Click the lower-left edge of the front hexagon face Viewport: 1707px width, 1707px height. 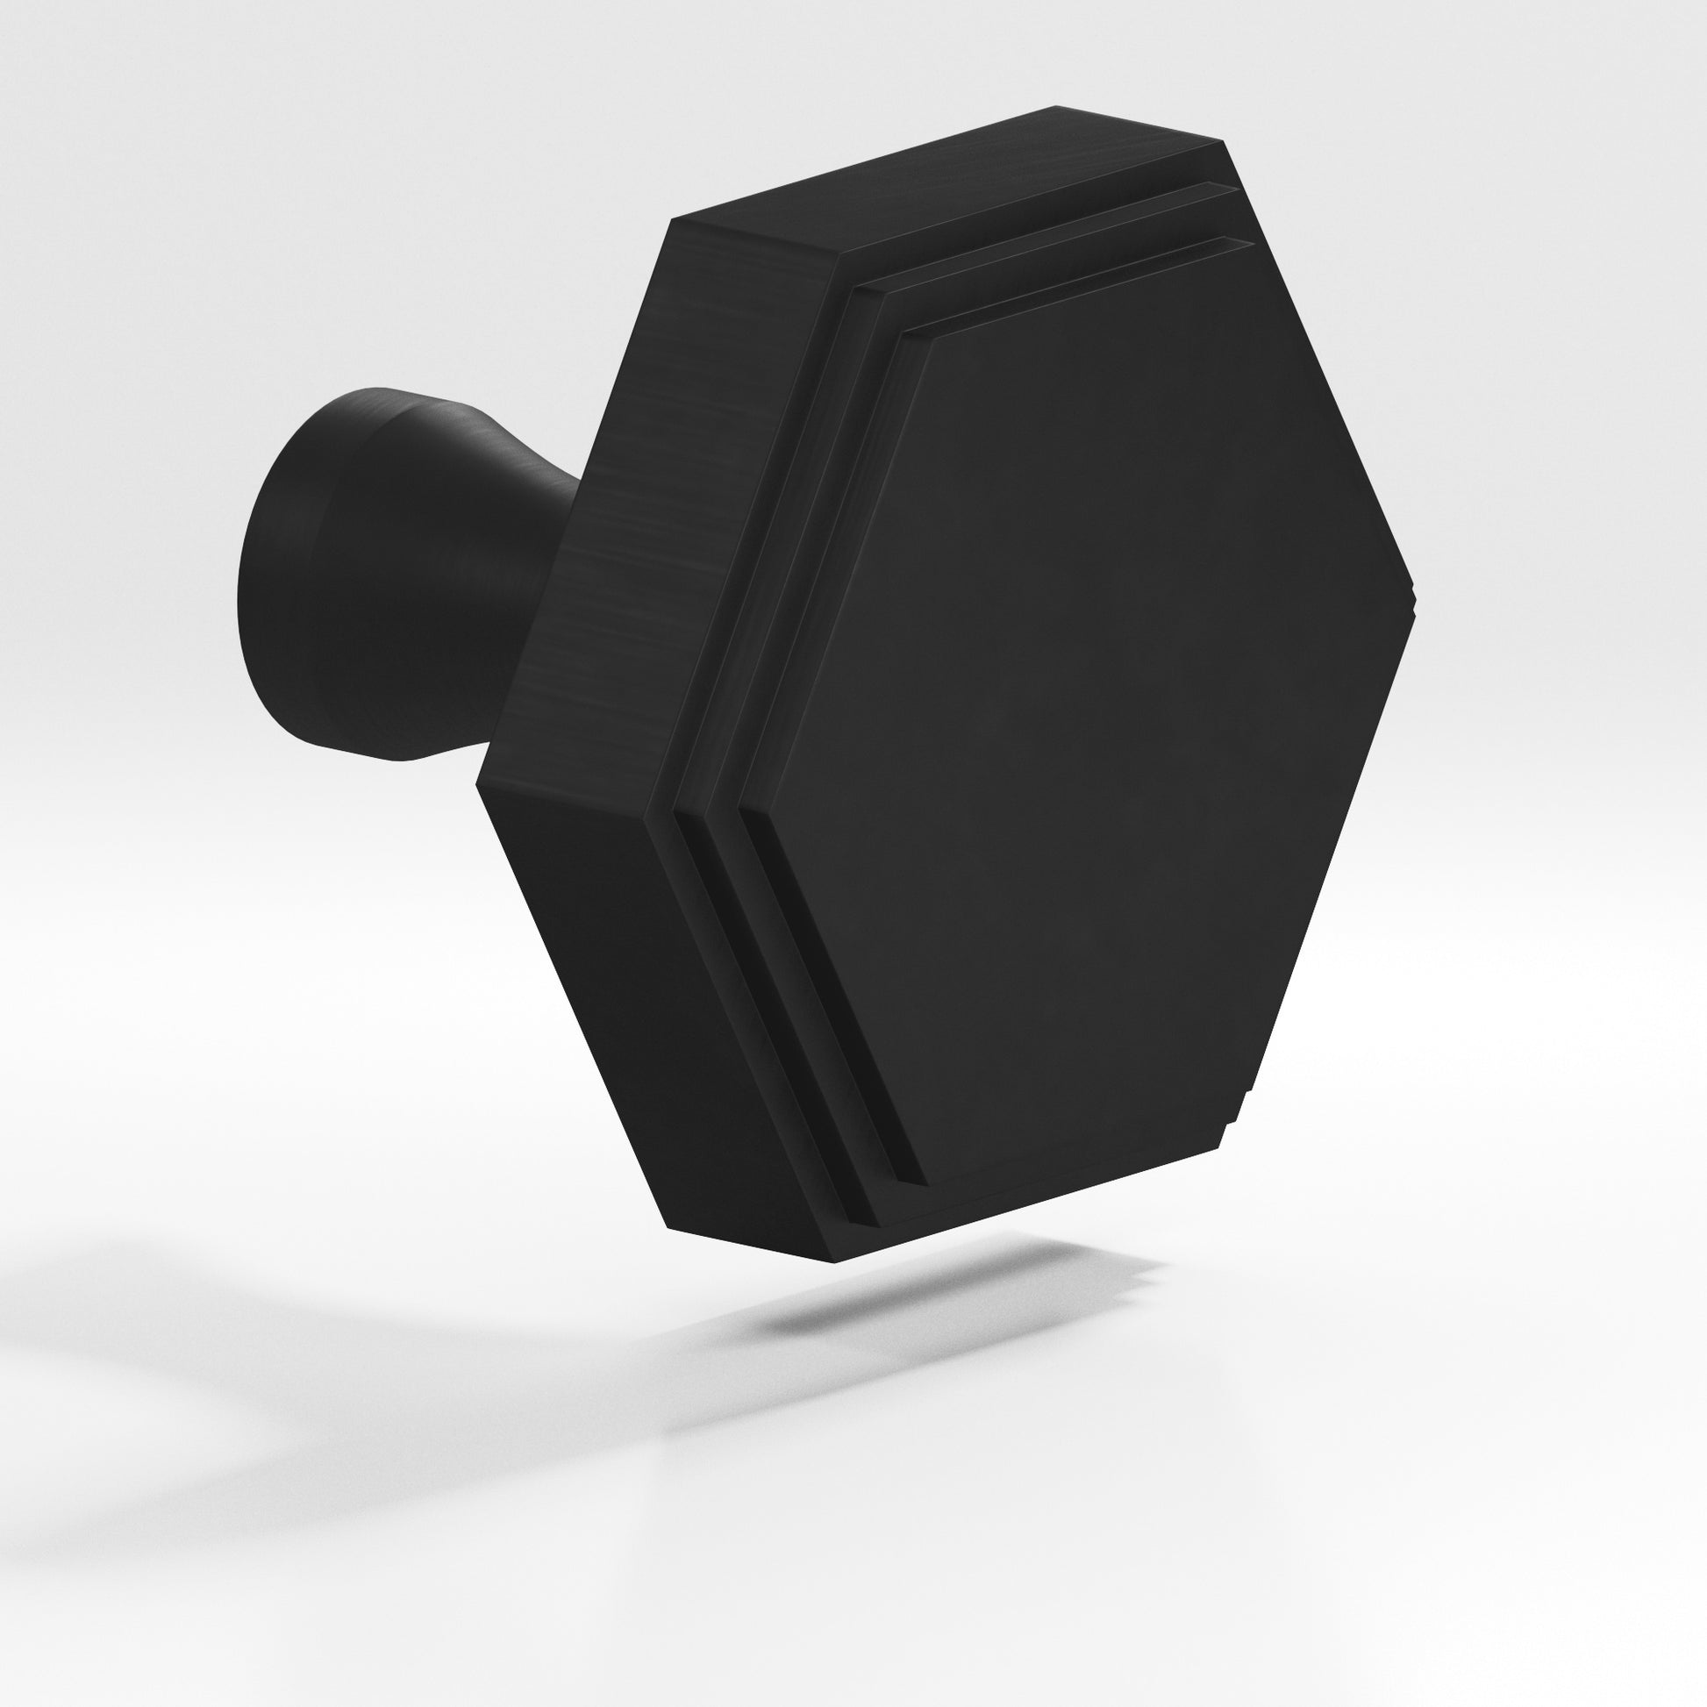pos(834,997)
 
